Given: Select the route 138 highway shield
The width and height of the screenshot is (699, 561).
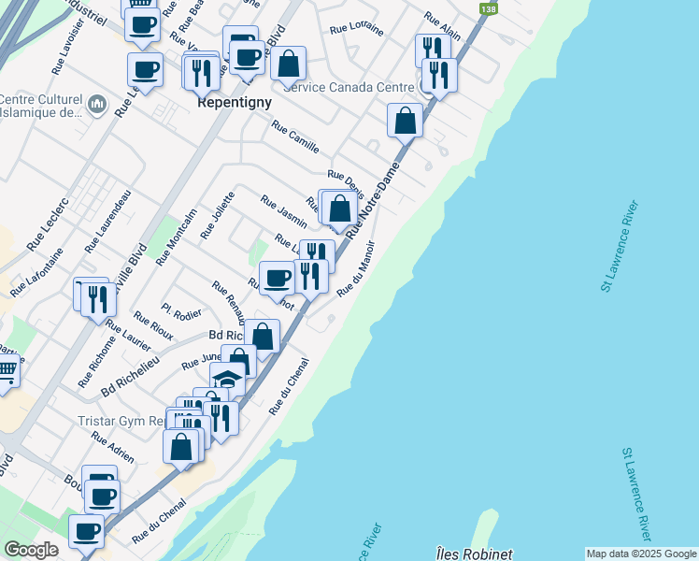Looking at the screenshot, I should click(x=488, y=8).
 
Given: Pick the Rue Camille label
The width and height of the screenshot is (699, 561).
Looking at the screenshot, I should click(x=295, y=137).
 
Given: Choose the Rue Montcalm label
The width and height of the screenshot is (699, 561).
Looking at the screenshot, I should click(x=176, y=237).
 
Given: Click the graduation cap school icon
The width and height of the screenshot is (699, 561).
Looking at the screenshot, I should click(x=227, y=380).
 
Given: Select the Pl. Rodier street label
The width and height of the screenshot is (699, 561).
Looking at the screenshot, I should click(x=181, y=311).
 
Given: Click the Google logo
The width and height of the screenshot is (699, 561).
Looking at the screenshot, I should click(x=31, y=550).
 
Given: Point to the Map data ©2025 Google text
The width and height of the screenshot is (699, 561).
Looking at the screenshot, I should click(x=640, y=554).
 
